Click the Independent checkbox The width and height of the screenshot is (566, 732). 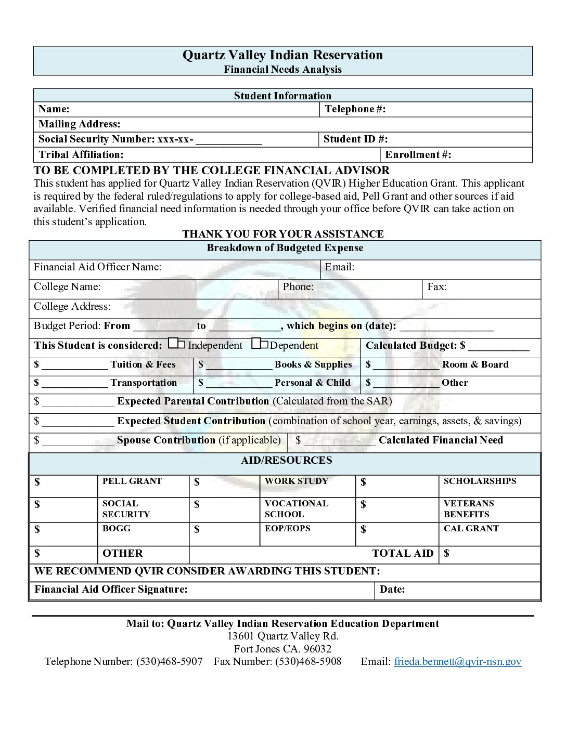pos(176,344)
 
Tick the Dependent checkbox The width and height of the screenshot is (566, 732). pos(260,344)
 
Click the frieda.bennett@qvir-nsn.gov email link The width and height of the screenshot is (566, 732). pos(457,661)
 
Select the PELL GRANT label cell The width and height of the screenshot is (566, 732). pos(132,481)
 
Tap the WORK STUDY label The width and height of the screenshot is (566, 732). pos(297,481)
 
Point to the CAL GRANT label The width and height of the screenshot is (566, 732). pos(471,529)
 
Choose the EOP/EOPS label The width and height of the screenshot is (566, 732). pos(287,529)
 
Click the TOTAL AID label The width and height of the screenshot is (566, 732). pos(403,554)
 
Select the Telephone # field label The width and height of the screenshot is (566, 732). pos(355,109)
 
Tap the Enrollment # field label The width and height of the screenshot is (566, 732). pos(418,155)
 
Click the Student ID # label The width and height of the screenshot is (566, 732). pos(355,139)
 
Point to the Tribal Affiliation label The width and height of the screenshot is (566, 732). pos(81,155)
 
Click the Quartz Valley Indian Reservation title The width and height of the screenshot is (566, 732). pos(282,55)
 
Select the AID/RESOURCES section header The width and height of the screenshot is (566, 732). pos(286,461)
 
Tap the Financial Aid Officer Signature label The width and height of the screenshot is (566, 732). pos(111,590)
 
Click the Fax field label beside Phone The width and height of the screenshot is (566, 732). pos(436,287)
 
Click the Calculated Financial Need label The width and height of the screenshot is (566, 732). pos(441,440)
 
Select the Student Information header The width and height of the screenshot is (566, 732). pos(282,96)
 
